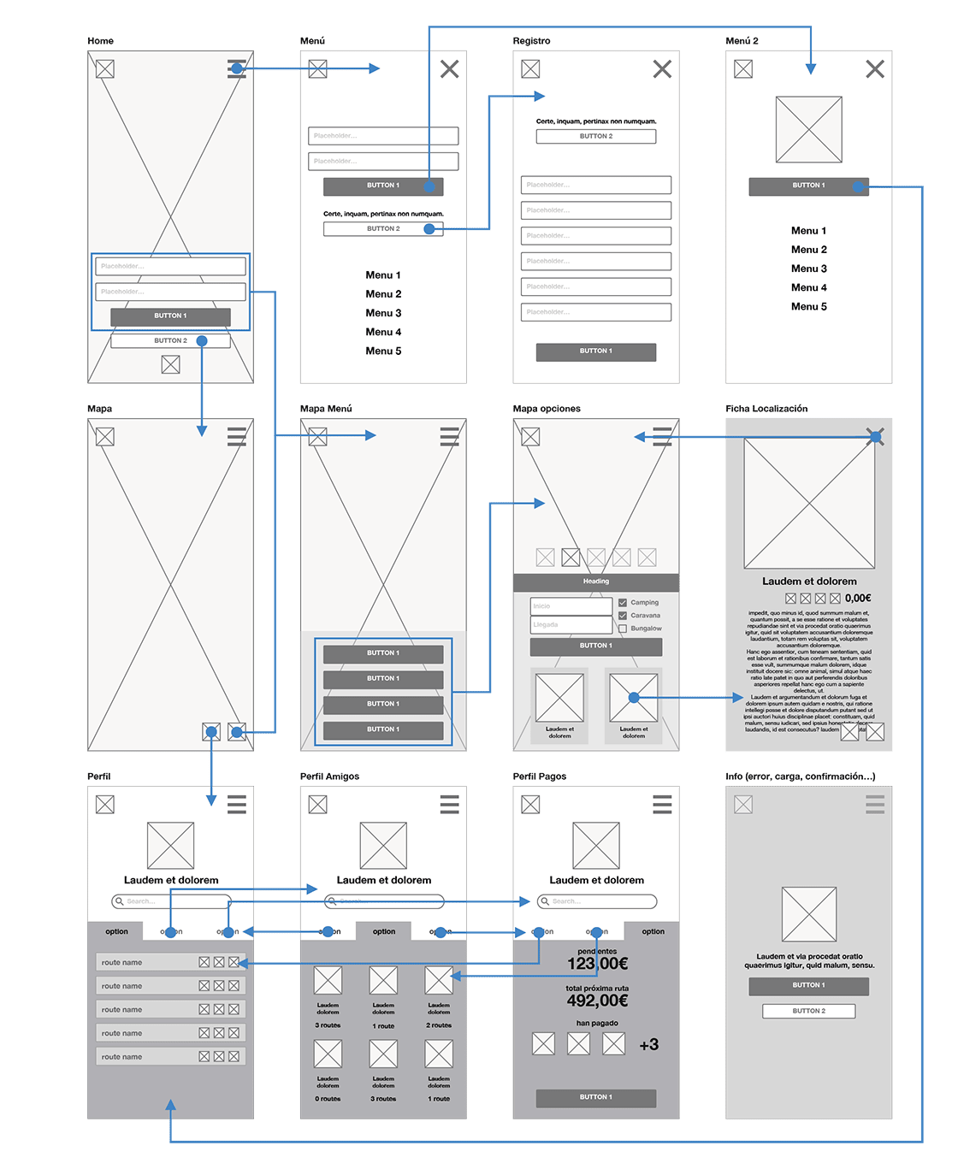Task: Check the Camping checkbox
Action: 623,603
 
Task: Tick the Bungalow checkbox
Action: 623,629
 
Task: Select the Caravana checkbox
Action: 623,616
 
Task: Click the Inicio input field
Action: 571,606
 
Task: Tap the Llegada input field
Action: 571,625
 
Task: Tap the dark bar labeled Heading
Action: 596,582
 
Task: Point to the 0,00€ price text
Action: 858,599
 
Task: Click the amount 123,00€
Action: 597,964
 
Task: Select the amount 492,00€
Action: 597,1001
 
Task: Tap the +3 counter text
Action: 649,1044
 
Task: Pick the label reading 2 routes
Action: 439,1025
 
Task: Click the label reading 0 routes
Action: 328,1099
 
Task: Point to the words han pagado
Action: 597,1023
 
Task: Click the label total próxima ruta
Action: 597,988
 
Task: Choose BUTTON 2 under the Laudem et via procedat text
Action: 809,1011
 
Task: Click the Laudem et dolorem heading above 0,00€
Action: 809,582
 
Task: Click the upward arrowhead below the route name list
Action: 171,1107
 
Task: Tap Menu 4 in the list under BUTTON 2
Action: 383,332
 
